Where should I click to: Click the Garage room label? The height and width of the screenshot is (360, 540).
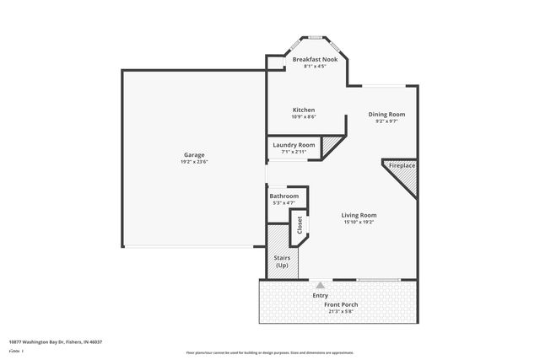click(194, 154)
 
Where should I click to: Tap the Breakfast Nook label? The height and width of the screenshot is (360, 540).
click(314, 60)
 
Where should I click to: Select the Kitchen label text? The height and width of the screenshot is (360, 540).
click(304, 110)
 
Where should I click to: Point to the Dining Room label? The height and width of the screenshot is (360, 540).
click(386, 114)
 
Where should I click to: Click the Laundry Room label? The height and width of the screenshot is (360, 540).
click(294, 145)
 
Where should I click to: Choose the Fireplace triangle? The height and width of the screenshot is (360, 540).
click(403, 172)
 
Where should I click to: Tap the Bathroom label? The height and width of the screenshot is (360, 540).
click(283, 196)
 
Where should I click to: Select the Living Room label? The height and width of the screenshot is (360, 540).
click(359, 215)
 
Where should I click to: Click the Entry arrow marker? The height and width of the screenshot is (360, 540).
click(320, 286)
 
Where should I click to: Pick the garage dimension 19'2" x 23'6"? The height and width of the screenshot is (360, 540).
click(193, 162)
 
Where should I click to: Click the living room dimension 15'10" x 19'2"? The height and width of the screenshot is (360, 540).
click(359, 223)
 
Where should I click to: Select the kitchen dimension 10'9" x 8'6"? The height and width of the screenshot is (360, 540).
click(304, 117)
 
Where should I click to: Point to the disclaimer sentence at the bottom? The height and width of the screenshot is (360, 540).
click(270, 352)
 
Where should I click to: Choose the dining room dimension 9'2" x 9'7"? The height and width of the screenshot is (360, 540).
click(386, 121)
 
